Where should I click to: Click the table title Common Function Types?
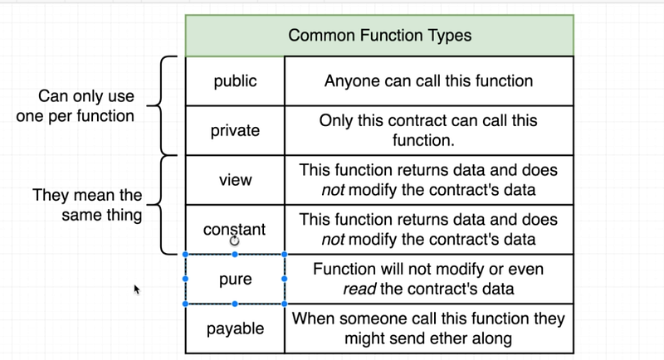pyautogui.click(x=380, y=35)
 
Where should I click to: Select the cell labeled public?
pyautogui.click(x=235, y=80)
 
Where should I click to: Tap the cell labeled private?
pyautogui.click(x=235, y=130)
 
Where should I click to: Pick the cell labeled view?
pyautogui.click(x=235, y=180)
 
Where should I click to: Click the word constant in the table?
pyautogui.click(x=234, y=229)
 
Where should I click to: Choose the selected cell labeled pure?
pyautogui.click(x=235, y=280)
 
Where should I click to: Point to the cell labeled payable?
pyautogui.click(x=235, y=328)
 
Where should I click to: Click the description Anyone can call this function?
pyautogui.click(x=428, y=80)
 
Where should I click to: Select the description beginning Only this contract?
pyautogui.click(x=428, y=130)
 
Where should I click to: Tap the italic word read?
pyautogui.click(x=359, y=289)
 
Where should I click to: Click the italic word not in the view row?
pyautogui.click(x=333, y=190)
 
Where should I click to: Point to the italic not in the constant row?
pyautogui.click(x=333, y=240)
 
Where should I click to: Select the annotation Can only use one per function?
pyautogui.click(x=76, y=105)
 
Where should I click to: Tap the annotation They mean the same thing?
pyautogui.click(x=87, y=205)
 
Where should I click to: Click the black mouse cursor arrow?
pyautogui.click(x=136, y=289)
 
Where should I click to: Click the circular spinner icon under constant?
pyautogui.click(x=234, y=241)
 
